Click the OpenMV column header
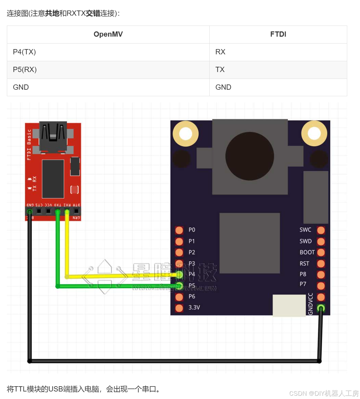108,34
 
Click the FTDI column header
278,34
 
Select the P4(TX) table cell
24,52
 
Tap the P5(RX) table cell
25,70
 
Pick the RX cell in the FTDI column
220,52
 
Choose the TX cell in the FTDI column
220,70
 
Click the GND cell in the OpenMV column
21,87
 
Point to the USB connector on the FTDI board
53,137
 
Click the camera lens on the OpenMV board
250,156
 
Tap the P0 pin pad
179,230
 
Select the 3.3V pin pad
179,308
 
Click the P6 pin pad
179,297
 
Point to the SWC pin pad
321,230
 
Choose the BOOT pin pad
321,252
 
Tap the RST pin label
304,263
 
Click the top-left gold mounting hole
185,134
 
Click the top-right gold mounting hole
314,133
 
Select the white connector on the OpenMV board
289,305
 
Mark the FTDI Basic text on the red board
29,144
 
